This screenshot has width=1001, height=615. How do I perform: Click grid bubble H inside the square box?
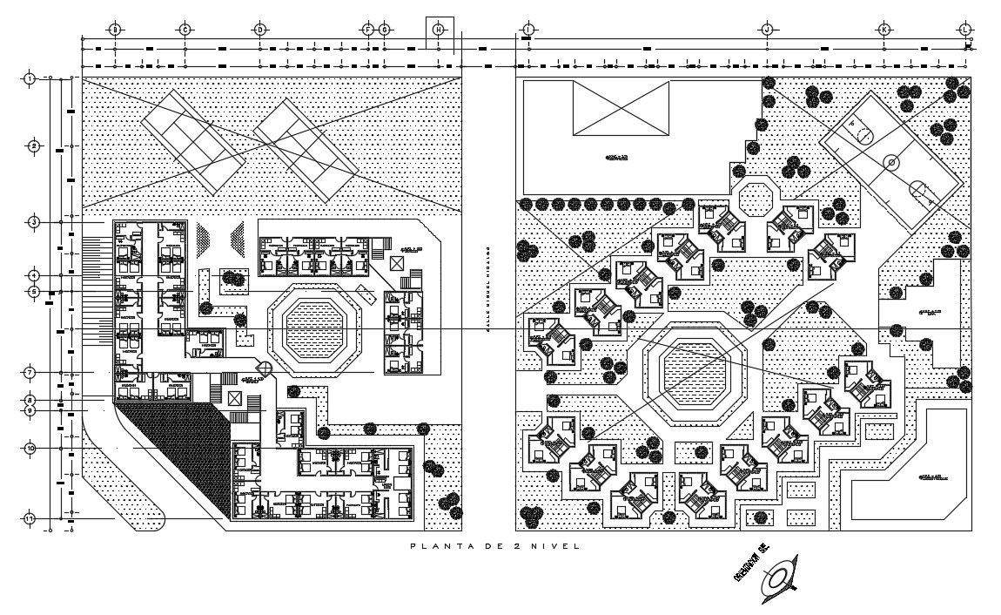(440, 30)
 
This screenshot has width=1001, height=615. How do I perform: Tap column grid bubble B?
(114, 30)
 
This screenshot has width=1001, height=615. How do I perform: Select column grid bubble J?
(767, 30)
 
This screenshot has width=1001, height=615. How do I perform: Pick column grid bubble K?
(884, 30)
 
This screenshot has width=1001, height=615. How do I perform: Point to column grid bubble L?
(965, 30)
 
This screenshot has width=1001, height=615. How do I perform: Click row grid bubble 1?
(30, 78)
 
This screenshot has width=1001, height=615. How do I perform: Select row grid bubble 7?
(30, 372)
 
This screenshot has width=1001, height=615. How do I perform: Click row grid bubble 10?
(30, 448)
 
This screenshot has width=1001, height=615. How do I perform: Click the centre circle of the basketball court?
(890, 162)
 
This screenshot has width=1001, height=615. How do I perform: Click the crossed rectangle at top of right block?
(621, 107)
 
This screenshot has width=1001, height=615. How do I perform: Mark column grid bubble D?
(259, 30)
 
